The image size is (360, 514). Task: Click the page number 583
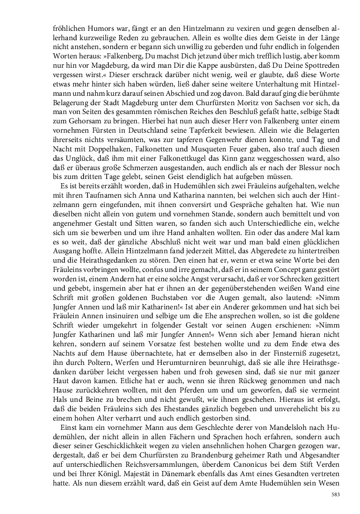(x=335, y=494)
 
